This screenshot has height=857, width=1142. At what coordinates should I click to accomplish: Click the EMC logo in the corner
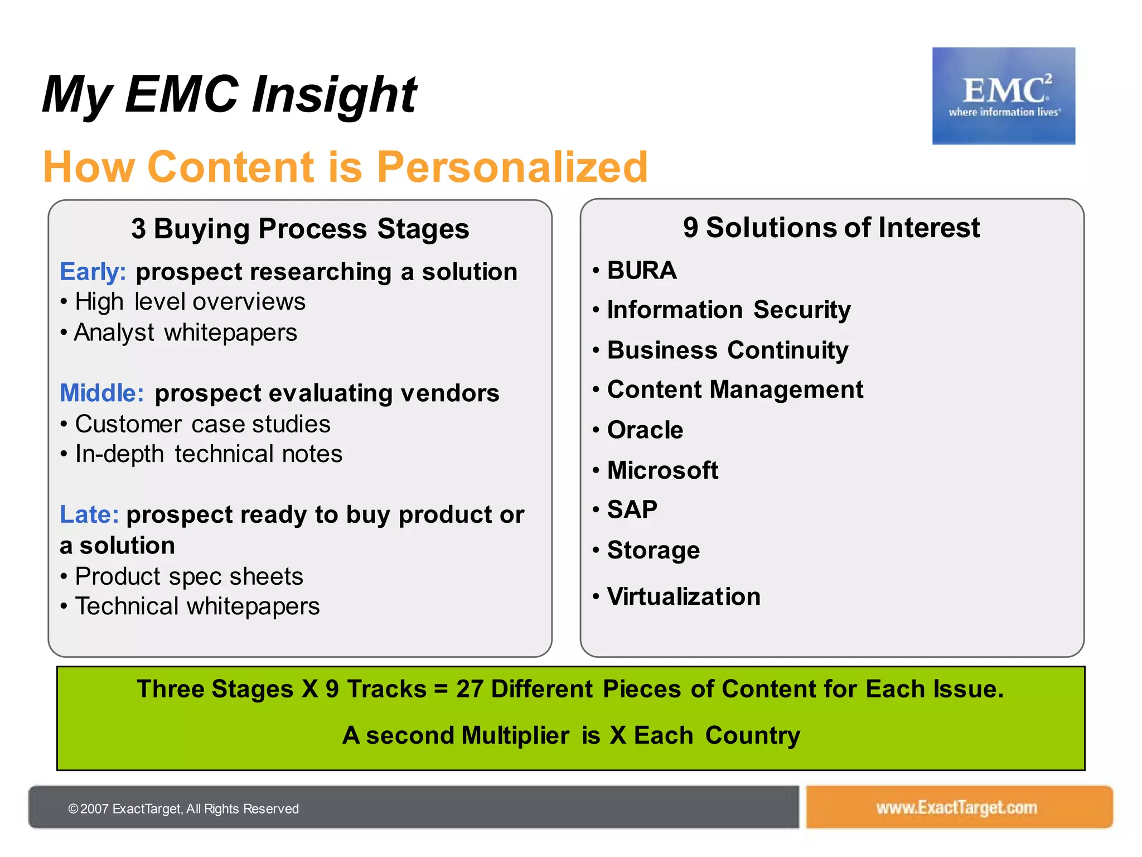point(1003,96)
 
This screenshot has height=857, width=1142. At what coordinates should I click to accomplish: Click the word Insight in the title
point(334,95)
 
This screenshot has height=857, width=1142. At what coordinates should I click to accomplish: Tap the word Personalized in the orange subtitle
point(512,167)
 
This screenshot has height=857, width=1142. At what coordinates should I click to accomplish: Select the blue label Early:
point(93,272)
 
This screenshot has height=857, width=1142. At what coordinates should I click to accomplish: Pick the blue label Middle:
point(102,393)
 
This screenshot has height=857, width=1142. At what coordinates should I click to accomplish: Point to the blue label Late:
point(89,514)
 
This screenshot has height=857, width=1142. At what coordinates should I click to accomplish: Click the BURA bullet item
point(641,271)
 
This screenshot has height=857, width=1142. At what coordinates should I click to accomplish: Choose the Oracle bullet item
point(645,430)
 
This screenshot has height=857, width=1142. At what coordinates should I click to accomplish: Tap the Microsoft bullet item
point(662,470)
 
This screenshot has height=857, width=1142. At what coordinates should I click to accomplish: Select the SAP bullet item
point(632,509)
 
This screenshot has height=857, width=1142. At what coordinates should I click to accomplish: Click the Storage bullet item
point(653,551)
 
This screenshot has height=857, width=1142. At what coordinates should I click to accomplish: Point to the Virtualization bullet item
point(683,596)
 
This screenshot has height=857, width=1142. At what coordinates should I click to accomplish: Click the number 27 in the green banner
point(470,689)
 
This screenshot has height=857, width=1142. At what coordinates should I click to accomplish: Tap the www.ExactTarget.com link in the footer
point(956,807)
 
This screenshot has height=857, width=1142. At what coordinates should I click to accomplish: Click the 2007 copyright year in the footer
point(94,809)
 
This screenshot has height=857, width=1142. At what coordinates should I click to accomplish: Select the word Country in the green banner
point(752,735)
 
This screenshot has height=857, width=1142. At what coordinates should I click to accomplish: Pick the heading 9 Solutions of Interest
point(831,228)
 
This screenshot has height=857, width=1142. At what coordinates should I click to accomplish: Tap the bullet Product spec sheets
point(189,576)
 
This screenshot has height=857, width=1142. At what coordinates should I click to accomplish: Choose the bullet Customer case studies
point(202,425)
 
